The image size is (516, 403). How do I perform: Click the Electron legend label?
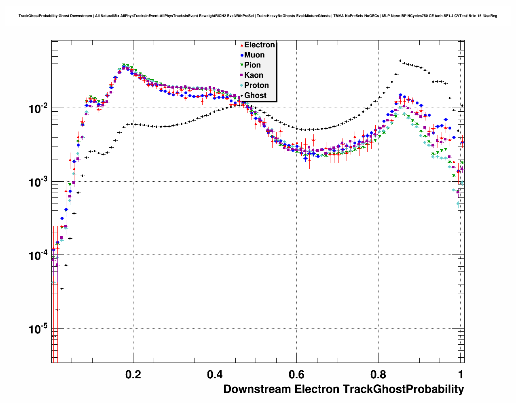point(260,45)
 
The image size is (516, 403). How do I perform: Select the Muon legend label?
point(254,55)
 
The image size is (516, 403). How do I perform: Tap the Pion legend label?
point(252,65)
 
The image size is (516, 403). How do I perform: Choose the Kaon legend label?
point(254,75)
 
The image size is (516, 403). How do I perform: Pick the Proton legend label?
point(256,85)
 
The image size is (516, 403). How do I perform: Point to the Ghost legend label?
point(255,95)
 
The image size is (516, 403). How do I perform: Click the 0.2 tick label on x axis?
point(133,374)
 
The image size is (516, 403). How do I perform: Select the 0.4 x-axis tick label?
point(215,374)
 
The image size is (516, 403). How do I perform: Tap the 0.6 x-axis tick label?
point(296,374)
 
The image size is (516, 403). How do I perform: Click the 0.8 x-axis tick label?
point(378,374)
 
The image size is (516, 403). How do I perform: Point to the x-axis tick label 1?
point(461,374)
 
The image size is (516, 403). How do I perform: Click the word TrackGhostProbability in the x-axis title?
point(403,389)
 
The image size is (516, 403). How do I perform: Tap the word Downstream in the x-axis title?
point(257,389)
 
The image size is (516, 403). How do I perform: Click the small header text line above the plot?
point(258,16)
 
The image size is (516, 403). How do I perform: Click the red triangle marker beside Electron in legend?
point(242,45)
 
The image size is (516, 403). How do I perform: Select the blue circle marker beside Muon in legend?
point(242,55)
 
